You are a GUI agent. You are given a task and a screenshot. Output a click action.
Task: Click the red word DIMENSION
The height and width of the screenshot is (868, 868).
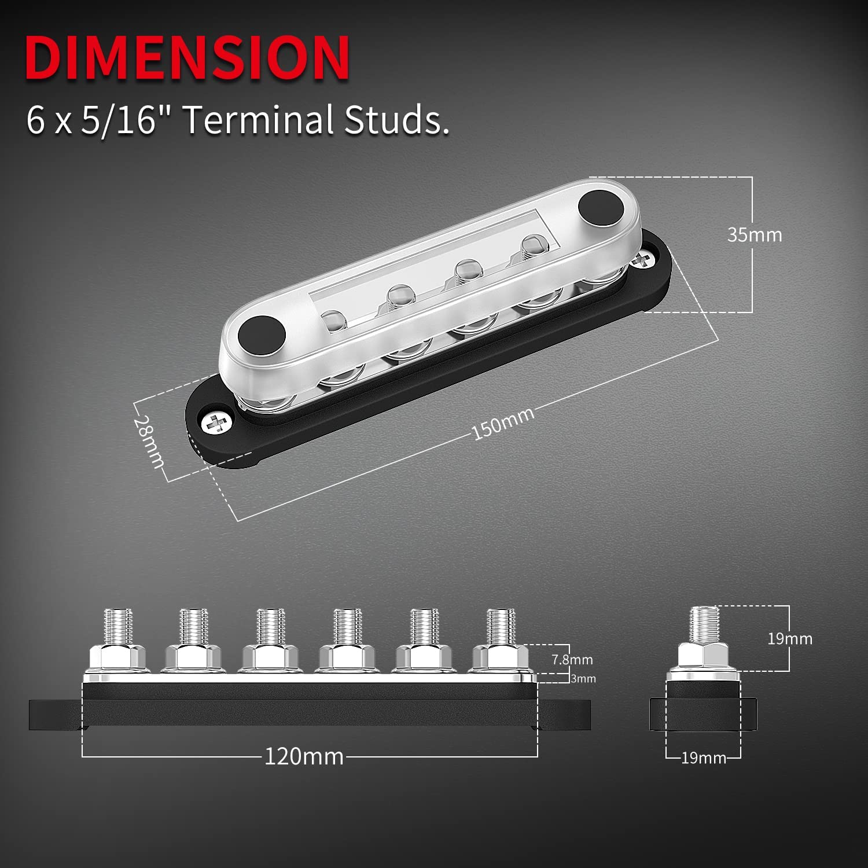click(x=187, y=57)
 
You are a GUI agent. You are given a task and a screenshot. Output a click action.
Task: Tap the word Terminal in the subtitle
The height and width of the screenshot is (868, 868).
click(x=258, y=120)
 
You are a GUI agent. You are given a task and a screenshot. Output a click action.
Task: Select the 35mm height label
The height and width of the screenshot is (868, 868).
click(x=755, y=235)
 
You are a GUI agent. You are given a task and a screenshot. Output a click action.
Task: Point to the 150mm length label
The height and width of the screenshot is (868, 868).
click(x=502, y=424)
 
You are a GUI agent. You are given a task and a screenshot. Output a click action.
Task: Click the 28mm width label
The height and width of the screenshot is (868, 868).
click(x=149, y=442)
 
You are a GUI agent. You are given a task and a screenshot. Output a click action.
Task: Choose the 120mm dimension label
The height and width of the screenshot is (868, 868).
click(x=304, y=756)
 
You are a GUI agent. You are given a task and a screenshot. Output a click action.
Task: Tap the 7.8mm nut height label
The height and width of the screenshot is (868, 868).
click(x=572, y=660)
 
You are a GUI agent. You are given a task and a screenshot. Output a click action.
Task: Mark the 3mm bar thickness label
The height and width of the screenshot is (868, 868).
click(x=583, y=679)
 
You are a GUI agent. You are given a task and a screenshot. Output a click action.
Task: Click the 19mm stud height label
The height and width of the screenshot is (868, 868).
click(x=789, y=639)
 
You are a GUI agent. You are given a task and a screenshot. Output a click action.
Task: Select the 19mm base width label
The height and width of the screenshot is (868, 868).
click(x=703, y=758)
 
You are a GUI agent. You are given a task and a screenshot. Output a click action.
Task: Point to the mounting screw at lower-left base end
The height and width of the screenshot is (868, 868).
click(x=216, y=422)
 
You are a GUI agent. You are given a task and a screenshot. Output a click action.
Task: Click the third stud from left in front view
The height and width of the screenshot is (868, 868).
click(x=270, y=628)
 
